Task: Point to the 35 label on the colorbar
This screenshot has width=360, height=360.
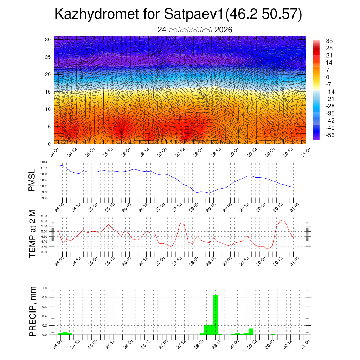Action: [x=329, y=41]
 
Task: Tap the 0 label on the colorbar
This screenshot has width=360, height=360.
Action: [x=328, y=77]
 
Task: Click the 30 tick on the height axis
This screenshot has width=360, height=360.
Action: [x=48, y=39]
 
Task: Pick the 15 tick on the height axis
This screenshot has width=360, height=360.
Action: [x=48, y=92]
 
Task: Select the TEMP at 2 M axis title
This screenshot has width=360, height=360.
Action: [x=32, y=234]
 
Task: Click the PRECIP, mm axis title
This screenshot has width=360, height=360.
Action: [x=32, y=311]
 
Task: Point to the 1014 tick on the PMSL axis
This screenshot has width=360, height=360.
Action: [x=44, y=162]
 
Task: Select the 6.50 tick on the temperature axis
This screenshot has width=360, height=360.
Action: [x=44, y=216]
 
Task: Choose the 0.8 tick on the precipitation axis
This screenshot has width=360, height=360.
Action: [x=45, y=297]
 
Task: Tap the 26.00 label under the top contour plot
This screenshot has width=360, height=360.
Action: [x=126, y=153]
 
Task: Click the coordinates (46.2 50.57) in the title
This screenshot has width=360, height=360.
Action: [x=264, y=15]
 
